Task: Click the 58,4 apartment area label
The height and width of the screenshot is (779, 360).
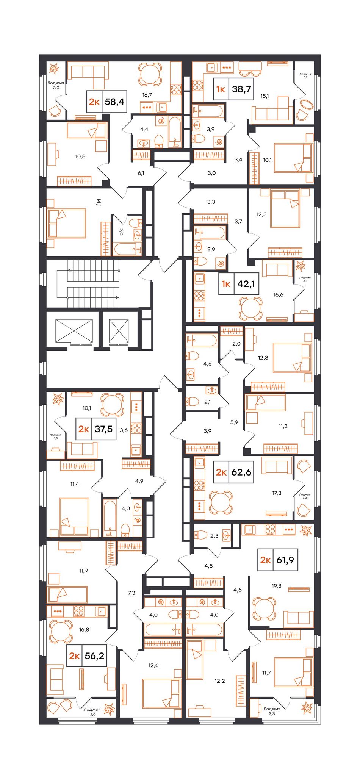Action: point(115,102)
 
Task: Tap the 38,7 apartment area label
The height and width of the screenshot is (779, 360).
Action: point(241,89)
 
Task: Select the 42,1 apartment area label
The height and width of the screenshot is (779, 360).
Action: point(246,283)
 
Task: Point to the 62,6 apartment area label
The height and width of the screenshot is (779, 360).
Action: point(241,472)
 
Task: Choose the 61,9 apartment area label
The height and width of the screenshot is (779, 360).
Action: point(285,560)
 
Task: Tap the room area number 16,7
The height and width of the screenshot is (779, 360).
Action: point(147,95)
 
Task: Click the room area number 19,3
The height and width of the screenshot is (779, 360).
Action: point(277,585)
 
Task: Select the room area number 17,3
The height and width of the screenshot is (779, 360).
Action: point(277,493)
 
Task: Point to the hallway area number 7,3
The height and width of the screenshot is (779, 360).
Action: point(131,593)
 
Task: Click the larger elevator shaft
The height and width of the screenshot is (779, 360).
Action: point(74,331)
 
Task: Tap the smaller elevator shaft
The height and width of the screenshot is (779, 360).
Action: point(119,331)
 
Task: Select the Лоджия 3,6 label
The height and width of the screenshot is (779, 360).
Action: point(92,712)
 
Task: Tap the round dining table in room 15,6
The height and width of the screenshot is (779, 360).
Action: point(250,308)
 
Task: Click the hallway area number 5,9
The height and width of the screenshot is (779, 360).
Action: point(234,422)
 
